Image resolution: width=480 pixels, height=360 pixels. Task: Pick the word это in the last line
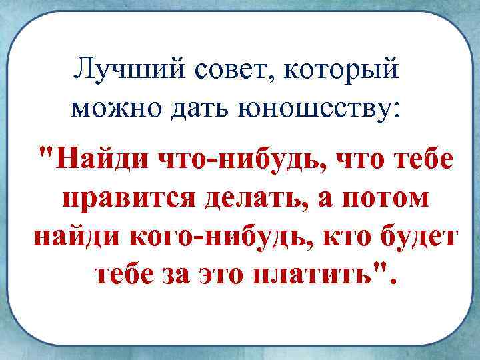pyautogui.click(x=219, y=275)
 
